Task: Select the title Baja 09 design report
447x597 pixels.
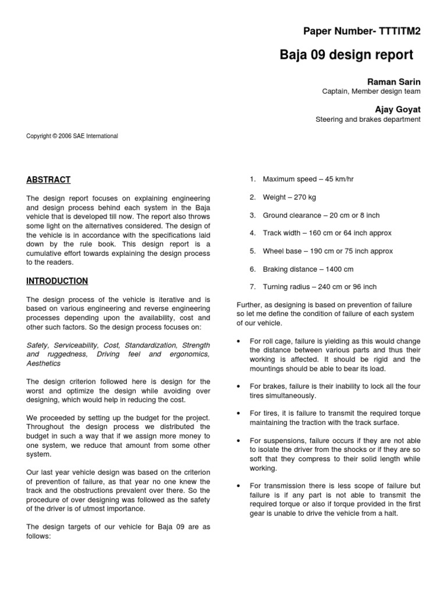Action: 346,55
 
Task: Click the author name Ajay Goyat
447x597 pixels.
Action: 400,109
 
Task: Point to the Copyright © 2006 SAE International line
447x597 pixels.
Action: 72,136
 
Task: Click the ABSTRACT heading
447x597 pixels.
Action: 48,180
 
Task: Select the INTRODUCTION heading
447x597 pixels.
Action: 57,281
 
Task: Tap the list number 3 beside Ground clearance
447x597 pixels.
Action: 253,215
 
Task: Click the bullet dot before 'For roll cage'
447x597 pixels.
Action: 239,340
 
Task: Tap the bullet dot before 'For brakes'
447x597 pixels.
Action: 239,387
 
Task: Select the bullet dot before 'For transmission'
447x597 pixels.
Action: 239,486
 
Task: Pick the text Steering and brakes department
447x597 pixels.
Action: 368,120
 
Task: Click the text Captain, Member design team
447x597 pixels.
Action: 371,91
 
